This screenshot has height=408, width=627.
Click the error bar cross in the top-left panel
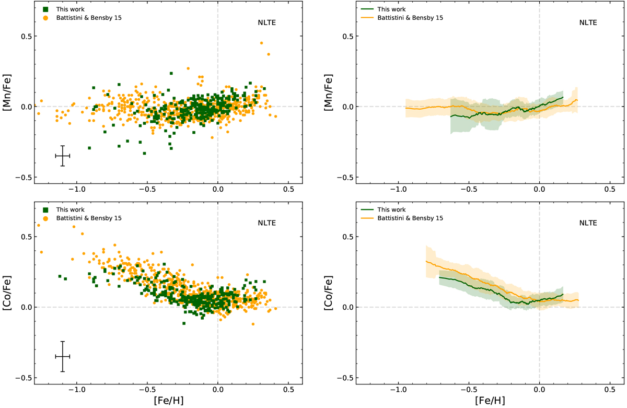[x=63, y=156]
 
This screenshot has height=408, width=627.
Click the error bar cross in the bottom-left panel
[x=63, y=356]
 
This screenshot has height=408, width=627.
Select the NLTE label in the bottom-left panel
[x=266, y=223]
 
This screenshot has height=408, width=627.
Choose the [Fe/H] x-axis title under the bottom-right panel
[x=490, y=401]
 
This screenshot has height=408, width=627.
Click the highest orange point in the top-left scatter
[x=261, y=43]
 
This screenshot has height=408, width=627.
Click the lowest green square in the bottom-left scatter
[x=184, y=323]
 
